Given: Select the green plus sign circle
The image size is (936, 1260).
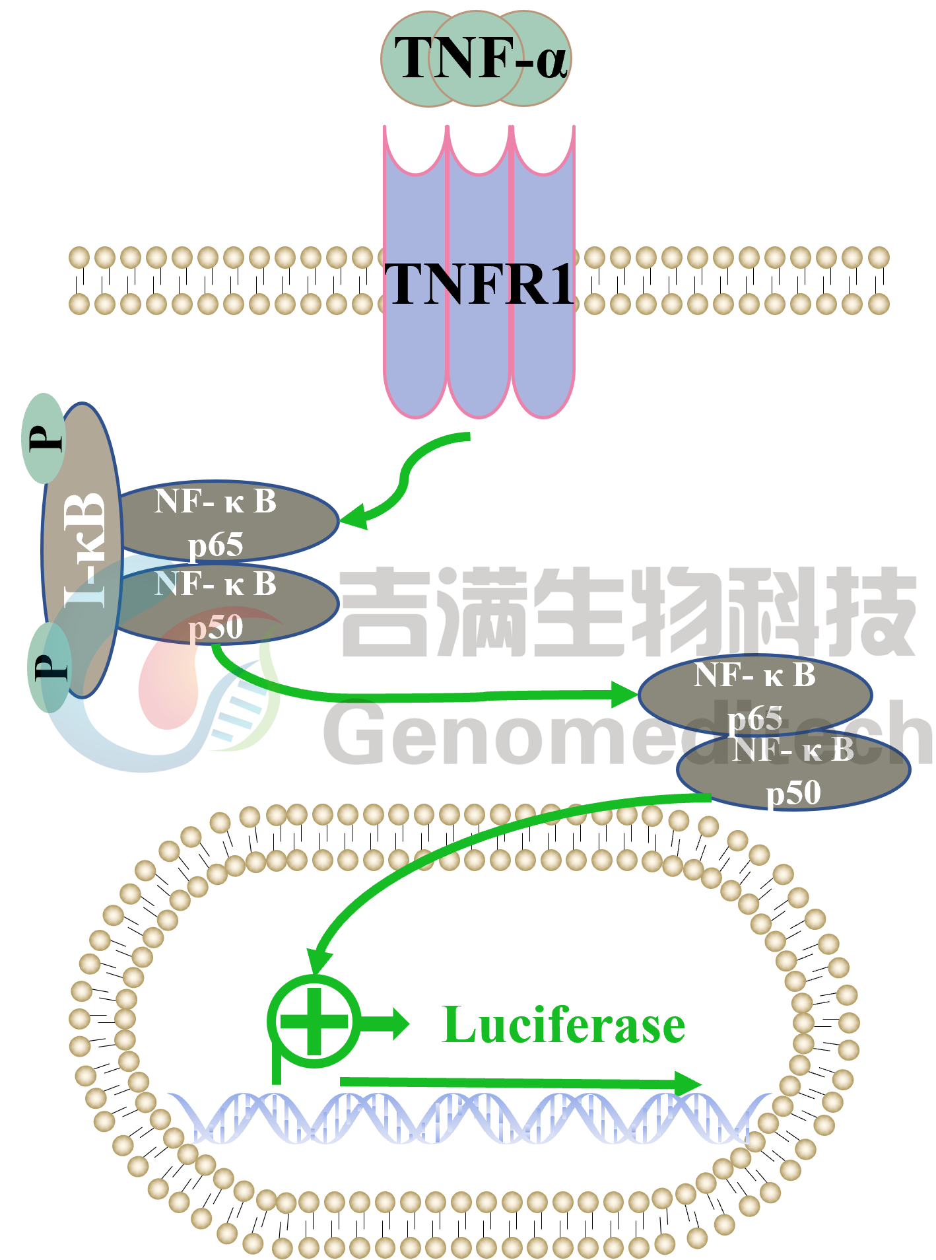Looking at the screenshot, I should (314, 1021).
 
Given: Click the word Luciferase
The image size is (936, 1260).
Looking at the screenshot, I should (564, 1026).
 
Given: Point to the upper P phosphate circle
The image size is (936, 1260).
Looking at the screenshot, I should (44, 438).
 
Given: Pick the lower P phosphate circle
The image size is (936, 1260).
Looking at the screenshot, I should (49, 667).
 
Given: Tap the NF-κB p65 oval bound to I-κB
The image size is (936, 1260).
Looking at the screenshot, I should (224, 522).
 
